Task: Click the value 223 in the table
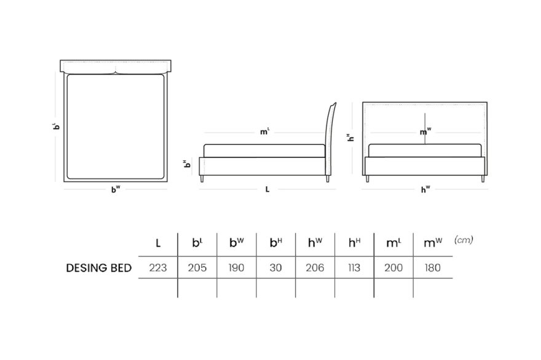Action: [x=157, y=268]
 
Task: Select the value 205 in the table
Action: [x=197, y=268]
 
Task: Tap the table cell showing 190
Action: [x=236, y=268]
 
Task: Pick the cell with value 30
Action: [x=275, y=268]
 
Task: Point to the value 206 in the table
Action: [x=315, y=268]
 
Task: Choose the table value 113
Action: [x=354, y=268]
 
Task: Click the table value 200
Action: [x=393, y=268]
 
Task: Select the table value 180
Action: [x=433, y=268]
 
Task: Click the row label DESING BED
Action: [x=99, y=268]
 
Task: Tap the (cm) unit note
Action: [x=464, y=240]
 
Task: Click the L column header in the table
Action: [x=158, y=243]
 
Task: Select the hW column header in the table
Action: [x=315, y=243]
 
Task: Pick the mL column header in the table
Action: [x=393, y=243]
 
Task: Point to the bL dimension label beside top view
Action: [x=56, y=126]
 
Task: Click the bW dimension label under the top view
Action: [x=116, y=189]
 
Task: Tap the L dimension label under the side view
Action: [x=267, y=189]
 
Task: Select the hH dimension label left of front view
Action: [x=350, y=138]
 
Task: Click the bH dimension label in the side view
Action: [x=187, y=163]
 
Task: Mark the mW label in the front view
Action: [x=425, y=131]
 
